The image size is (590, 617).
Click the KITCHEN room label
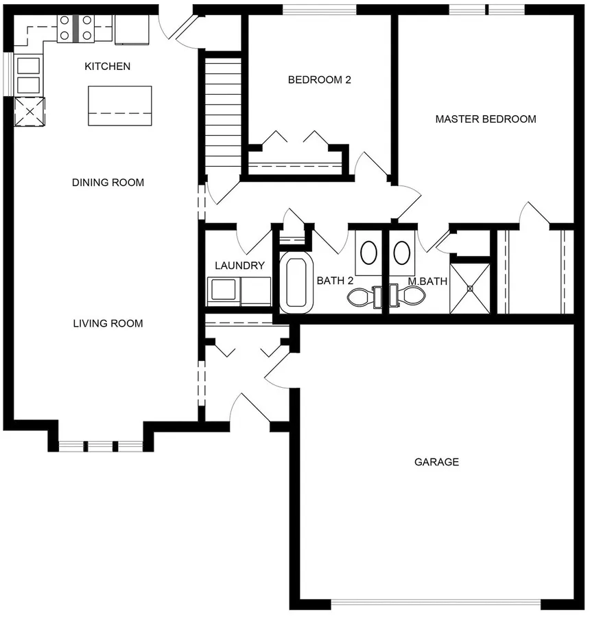click(x=108, y=66)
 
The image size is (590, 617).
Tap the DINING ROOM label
click(x=108, y=183)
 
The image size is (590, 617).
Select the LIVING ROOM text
click(x=108, y=323)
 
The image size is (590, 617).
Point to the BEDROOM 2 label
click(x=320, y=80)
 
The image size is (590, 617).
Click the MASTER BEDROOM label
click(x=485, y=119)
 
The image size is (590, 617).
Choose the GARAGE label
click(x=436, y=462)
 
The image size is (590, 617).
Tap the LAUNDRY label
click(x=239, y=266)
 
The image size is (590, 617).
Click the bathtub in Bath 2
click(x=296, y=282)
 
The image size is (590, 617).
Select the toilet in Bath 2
click(x=364, y=297)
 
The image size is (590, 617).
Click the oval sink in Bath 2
click(x=369, y=253)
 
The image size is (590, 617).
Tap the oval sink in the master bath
click(x=402, y=253)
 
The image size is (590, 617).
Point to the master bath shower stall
click(x=470, y=288)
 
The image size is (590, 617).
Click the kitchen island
click(x=120, y=106)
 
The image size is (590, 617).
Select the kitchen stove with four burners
click(x=75, y=28)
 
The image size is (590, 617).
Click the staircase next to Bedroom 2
click(x=223, y=117)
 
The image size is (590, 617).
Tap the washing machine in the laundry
click(x=224, y=292)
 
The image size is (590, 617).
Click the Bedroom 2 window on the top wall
click(x=320, y=10)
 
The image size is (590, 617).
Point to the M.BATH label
click(x=427, y=281)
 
